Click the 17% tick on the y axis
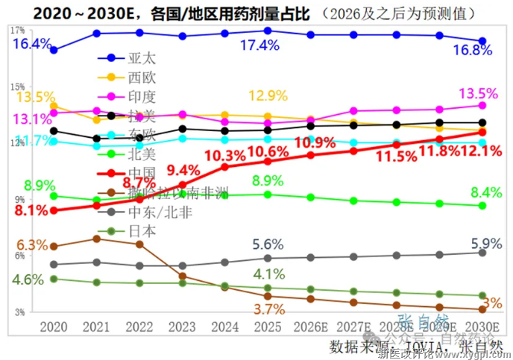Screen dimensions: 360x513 coord(17,31)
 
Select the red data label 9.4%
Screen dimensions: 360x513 coord(184,169)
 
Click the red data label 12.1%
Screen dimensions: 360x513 coord(479,151)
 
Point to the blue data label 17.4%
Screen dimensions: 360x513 coord(259,45)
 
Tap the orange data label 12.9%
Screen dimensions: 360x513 coord(268,95)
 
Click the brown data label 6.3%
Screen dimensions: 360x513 coord(32,244)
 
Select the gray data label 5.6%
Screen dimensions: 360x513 coord(266,244)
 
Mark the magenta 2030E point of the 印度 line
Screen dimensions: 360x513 coord(482,105)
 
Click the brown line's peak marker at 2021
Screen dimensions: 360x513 coord(96,238)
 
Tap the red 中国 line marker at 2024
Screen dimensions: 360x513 coord(224,166)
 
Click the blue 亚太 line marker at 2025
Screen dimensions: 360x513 coord(268,31)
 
